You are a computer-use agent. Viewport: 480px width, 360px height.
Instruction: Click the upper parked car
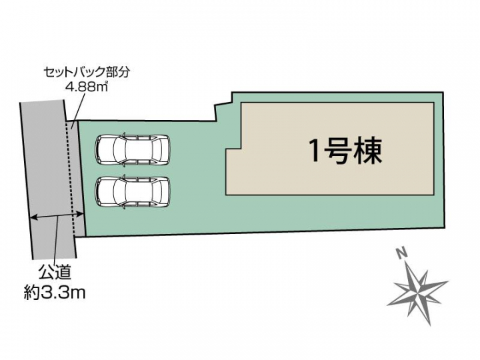133,150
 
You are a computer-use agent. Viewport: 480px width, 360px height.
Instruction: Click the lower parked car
133,192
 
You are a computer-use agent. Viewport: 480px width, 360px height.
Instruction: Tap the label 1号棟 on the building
346,151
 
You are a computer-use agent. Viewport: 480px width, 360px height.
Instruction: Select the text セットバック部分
87,73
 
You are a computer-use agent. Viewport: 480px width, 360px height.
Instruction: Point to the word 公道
55,272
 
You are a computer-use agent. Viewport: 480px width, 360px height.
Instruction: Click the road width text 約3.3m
55,293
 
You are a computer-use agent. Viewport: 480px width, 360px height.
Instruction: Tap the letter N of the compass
401,253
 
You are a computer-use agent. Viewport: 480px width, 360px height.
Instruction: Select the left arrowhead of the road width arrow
34,217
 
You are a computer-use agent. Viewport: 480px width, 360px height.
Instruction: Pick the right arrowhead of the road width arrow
81,214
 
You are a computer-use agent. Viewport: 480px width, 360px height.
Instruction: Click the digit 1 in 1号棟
315,151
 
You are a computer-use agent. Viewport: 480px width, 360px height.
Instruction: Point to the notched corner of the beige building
241,149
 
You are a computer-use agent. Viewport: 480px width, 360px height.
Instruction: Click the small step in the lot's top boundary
223,104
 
